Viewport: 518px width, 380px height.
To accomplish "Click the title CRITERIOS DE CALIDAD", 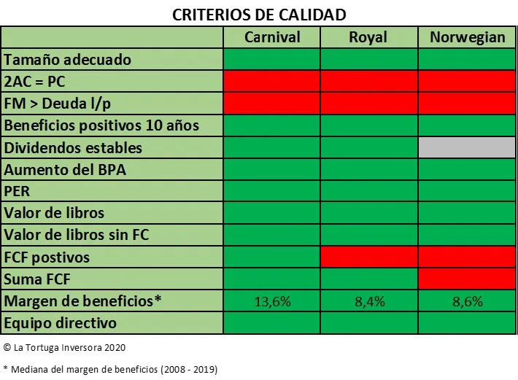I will pyautogui.click(x=258, y=14).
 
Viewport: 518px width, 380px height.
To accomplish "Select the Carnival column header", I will pyautogui.click(x=271, y=37).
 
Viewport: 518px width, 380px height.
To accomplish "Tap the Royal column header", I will pyautogui.click(x=368, y=37).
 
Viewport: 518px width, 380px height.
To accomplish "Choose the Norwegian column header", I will pyautogui.click(x=467, y=37).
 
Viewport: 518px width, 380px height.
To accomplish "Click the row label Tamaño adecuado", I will pyautogui.click(x=68, y=59).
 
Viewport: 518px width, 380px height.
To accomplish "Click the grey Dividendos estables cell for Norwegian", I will pyautogui.click(x=467, y=147).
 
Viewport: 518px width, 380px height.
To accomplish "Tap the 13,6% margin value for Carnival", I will pyautogui.click(x=271, y=301).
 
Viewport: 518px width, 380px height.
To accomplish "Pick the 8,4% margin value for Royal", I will pyautogui.click(x=368, y=301).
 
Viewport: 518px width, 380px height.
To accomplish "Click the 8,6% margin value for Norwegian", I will pyautogui.click(x=467, y=301).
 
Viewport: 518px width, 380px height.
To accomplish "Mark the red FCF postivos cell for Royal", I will pyautogui.click(x=368, y=257).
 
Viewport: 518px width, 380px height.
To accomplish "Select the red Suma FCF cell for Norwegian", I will pyautogui.click(x=467, y=279).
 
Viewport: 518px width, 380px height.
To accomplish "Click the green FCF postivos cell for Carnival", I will pyautogui.click(x=271, y=257).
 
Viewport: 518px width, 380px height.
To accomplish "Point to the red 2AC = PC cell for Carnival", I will pyautogui.click(x=271, y=81).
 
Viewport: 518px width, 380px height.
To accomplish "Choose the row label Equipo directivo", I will pyautogui.click(x=61, y=322).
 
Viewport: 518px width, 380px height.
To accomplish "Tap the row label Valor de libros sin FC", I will pyautogui.click(x=76, y=235).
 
